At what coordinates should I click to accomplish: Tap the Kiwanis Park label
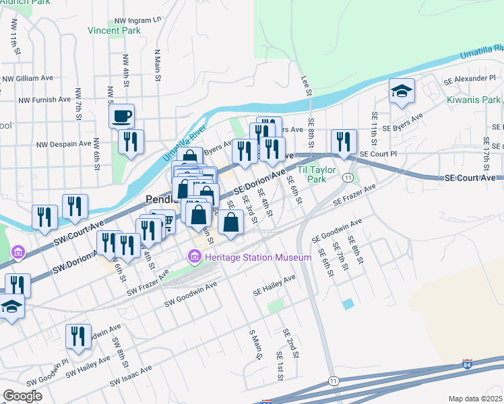(474, 100)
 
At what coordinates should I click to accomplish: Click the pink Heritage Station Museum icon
(195, 257)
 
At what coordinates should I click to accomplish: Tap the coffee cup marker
(121, 116)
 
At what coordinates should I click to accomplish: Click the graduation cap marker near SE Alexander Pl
(402, 91)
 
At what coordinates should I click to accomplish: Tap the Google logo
(22, 395)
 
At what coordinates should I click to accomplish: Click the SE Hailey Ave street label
(274, 285)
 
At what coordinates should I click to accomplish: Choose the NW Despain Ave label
(63, 144)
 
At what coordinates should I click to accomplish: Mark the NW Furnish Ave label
(44, 100)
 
